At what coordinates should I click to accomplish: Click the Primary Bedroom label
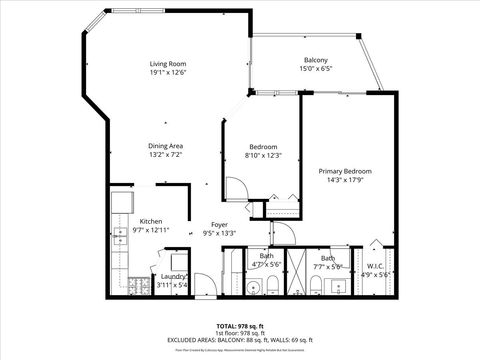pos(344,171)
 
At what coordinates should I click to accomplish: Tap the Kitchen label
pos(151,221)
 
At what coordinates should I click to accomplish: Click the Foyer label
pos(218,225)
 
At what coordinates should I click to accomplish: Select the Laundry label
pos(173,277)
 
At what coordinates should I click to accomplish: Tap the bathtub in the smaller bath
pos(232,275)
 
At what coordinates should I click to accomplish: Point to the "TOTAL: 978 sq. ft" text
pos(240,326)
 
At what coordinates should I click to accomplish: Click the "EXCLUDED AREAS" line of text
pos(240,340)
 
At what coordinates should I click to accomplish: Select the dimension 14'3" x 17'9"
pos(344,181)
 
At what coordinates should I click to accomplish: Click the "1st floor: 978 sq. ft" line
pos(240,333)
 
